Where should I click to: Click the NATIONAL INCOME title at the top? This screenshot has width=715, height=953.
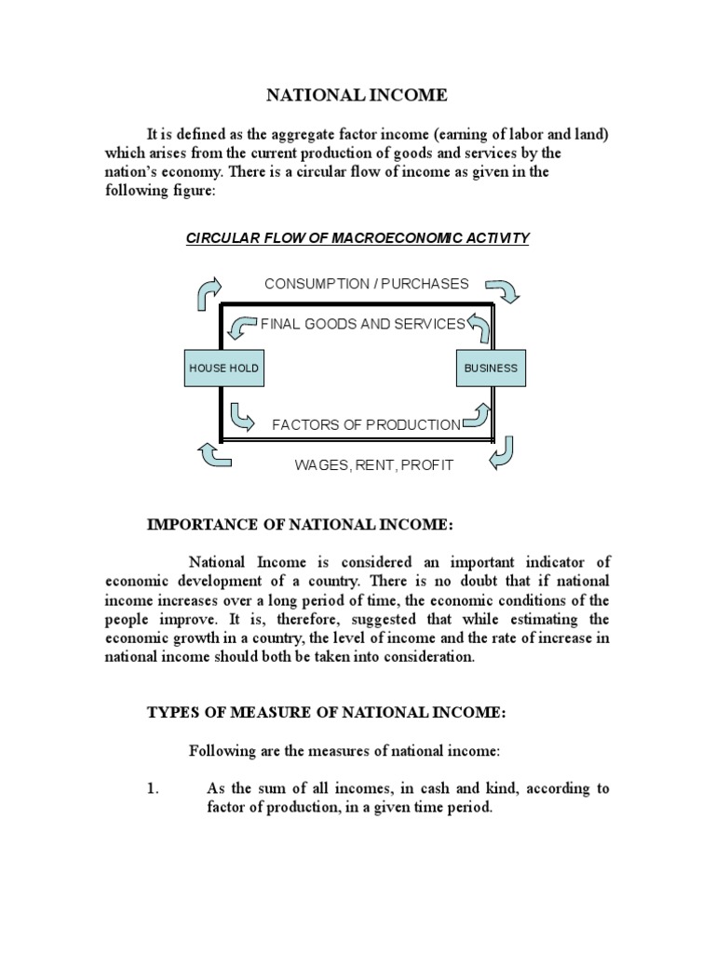[357, 95]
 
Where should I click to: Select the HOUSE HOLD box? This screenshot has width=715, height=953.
[223, 369]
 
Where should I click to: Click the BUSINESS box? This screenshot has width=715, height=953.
[491, 369]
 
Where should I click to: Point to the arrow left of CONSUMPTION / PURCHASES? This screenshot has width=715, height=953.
[209, 292]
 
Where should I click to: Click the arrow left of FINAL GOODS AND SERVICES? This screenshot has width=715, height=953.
[243, 327]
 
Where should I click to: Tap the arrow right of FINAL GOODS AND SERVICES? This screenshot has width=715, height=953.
[478, 326]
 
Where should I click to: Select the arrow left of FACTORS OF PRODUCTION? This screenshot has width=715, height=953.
[241, 417]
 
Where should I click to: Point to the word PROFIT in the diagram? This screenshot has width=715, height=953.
[429, 464]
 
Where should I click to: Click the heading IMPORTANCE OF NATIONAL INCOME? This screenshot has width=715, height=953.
[300, 526]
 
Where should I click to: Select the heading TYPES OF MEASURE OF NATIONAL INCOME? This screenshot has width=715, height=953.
[326, 713]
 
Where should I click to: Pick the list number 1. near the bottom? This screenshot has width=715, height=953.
[155, 788]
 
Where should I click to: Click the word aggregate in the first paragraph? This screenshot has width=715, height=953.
[300, 133]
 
